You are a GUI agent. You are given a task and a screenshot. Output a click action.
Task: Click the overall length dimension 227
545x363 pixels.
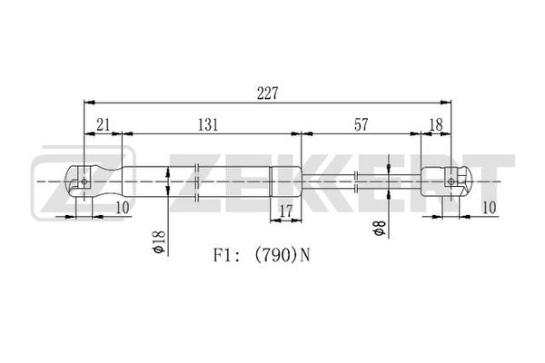click(x=268, y=93)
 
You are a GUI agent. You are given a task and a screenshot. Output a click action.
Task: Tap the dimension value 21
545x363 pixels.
click(x=104, y=124)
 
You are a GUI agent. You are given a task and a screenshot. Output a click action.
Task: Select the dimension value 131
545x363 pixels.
click(x=208, y=124)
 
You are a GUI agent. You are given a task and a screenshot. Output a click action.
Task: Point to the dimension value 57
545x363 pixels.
click(x=362, y=124)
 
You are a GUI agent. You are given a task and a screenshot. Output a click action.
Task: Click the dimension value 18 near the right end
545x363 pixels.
click(x=436, y=124)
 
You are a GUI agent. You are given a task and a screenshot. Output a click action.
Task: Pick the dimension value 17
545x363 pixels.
click(x=286, y=211)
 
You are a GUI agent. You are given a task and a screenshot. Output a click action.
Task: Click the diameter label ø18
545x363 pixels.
click(x=159, y=240)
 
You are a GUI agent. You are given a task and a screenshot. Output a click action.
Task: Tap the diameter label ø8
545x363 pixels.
click(x=379, y=228)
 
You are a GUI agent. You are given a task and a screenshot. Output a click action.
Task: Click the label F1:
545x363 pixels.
click(x=225, y=256)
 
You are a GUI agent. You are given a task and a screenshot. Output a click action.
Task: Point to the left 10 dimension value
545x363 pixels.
click(x=122, y=208)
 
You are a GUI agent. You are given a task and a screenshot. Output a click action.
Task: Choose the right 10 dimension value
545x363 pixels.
click(x=489, y=208)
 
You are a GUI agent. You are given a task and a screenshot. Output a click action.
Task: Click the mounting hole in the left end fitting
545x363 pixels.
click(x=84, y=181)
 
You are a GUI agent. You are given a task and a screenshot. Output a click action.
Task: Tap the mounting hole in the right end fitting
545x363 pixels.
click(x=451, y=181)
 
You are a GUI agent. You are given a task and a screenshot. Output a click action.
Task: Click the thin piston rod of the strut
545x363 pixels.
click(x=362, y=181)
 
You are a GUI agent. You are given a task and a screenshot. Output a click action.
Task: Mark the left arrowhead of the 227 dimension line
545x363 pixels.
click(x=89, y=103)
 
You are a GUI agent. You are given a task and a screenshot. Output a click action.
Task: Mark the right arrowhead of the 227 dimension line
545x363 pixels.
click(x=446, y=103)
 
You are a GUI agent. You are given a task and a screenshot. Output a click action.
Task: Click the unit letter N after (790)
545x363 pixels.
click(x=304, y=256)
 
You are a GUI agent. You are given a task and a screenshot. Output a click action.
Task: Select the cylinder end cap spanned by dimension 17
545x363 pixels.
click(x=286, y=181)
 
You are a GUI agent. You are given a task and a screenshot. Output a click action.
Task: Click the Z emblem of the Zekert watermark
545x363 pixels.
click(x=84, y=182)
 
